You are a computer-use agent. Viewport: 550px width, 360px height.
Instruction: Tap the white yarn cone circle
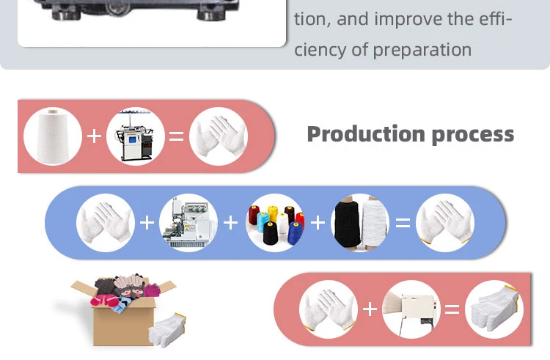52,136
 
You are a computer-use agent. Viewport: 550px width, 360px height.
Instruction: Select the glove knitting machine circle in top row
136,136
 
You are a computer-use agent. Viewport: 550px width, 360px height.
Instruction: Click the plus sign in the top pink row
94,136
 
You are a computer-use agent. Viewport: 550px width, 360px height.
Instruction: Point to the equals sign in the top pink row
177,136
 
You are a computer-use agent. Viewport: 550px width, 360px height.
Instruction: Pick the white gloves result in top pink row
219,136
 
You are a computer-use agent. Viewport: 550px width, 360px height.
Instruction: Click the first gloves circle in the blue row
106,223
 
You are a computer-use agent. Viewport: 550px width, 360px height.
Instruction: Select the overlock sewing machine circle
188,223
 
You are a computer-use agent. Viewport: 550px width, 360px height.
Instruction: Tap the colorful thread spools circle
275,223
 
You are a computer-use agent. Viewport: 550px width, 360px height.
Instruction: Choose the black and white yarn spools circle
360,223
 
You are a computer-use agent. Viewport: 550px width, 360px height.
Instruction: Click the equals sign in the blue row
403,223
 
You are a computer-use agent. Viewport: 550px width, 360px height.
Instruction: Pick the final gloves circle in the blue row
445,223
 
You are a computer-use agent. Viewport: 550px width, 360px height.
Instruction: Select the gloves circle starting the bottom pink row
328,309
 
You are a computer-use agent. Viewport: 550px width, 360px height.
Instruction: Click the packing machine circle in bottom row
411,309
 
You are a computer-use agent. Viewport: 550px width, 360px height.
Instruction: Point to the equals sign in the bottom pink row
452,309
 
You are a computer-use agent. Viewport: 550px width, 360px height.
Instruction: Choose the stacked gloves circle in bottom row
494,309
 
